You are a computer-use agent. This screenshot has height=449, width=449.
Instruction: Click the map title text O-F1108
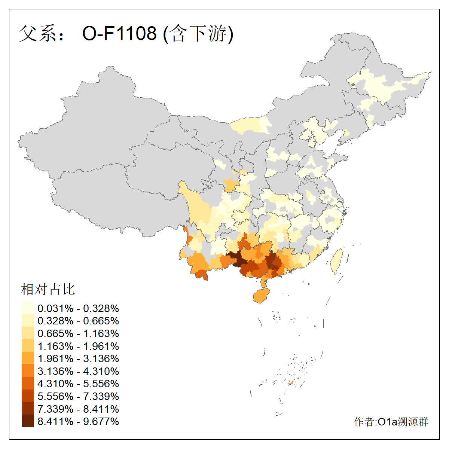[x=119, y=33]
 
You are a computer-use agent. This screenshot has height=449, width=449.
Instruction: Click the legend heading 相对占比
[x=48, y=289]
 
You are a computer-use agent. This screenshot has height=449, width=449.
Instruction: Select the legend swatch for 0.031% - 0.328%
[x=28, y=308]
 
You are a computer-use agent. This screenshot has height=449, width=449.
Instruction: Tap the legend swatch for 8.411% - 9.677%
[x=28, y=421]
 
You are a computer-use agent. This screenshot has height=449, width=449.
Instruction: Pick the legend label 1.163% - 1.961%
[x=78, y=346]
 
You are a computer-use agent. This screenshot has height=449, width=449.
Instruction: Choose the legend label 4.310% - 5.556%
[x=78, y=384]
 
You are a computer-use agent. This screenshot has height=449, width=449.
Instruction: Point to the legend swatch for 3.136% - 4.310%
[x=28, y=371]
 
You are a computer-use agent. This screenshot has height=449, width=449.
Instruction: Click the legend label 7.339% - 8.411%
[x=78, y=409]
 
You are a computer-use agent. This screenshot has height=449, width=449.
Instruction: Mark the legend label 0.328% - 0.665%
[x=78, y=321]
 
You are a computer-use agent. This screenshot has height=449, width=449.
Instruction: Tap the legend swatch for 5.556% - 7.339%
[x=28, y=396]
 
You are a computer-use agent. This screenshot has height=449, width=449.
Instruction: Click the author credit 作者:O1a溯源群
[x=391, y=422]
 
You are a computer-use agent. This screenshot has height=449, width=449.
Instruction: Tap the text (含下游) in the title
[x=198, y=33]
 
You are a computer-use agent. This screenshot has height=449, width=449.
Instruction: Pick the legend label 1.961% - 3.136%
[x=78, y=359]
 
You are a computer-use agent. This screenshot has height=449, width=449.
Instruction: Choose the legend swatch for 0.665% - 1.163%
[x=28, y=333]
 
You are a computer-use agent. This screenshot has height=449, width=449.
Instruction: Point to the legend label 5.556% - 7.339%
[x=78, y=396]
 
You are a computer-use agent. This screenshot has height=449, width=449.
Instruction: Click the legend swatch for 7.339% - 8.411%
[x=28, y=409]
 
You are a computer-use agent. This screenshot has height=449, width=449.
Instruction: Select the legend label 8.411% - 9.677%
[x=78, y=421]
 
